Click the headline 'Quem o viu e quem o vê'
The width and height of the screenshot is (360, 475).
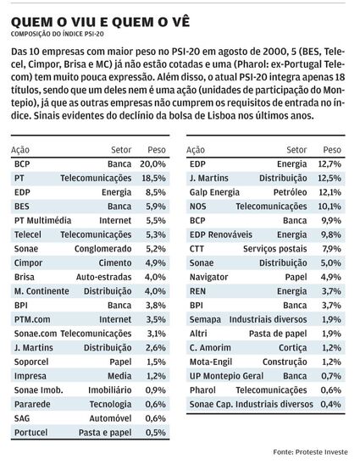click(x=100, y=22)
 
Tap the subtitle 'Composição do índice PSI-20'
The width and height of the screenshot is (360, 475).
click(x=58, y=34)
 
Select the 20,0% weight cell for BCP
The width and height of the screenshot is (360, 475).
click(x=152, y=164)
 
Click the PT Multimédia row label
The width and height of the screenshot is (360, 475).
click(x=42, y=220)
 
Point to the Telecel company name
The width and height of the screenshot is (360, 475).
click(x=28, y=235)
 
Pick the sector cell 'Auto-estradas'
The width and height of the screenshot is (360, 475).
click(x=103, y=277)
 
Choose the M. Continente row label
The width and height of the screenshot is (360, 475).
click(x=42, y=291)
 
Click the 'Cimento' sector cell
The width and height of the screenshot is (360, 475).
click(x=115, y=263)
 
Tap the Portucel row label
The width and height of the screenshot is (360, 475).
click(x=30, y=433)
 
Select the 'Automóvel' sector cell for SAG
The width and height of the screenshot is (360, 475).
click(x=110, y=418)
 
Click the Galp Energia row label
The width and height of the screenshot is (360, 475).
click(x=214, y=192)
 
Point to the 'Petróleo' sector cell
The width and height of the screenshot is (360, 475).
click(x=290, y=192)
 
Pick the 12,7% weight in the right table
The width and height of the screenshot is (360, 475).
click(x=330, y=164)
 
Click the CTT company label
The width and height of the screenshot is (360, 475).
click(x=197, y=249)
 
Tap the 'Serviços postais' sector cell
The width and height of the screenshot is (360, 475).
click(x=274, y=249)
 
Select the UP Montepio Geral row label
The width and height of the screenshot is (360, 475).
click(x=226, y=376)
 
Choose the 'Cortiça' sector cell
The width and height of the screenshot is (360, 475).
click(x=293, y=348)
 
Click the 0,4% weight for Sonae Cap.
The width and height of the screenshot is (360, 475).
click(x=331, y=405)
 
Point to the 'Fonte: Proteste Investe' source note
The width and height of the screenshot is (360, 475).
click(x=310, y=452)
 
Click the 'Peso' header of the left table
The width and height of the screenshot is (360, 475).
click(x=157, y=150)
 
